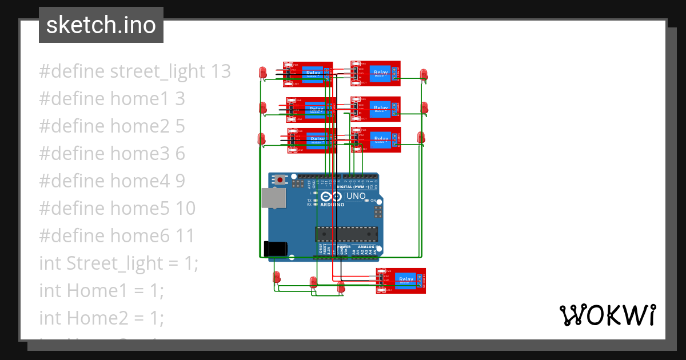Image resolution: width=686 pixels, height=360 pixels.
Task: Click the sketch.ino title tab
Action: click(101, 25)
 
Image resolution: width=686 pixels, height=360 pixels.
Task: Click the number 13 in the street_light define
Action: click(221, 71)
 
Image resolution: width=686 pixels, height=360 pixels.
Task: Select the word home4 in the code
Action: click(140, 181)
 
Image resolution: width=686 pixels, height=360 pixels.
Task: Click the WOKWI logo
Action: click(607, 315)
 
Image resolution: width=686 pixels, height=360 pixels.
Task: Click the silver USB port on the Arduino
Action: click(274, 197)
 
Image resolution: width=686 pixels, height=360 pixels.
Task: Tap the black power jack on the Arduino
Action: click(275, 249)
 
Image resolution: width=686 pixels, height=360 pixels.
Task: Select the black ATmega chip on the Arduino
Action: click(346, 234)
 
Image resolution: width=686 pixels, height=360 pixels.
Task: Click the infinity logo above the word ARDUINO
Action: click(332, 196)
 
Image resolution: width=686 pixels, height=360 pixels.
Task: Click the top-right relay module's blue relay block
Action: click(380, 73)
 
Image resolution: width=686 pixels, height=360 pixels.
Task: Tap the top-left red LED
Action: click(263, 72)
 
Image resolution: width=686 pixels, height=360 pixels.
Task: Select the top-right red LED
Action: click(424, 74)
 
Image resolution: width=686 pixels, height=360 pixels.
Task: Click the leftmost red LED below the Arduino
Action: click(277, 277)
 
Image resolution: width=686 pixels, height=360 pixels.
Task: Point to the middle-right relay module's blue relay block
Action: click(380, 108)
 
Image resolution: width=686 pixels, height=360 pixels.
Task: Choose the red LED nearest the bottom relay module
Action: click(341, 286)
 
